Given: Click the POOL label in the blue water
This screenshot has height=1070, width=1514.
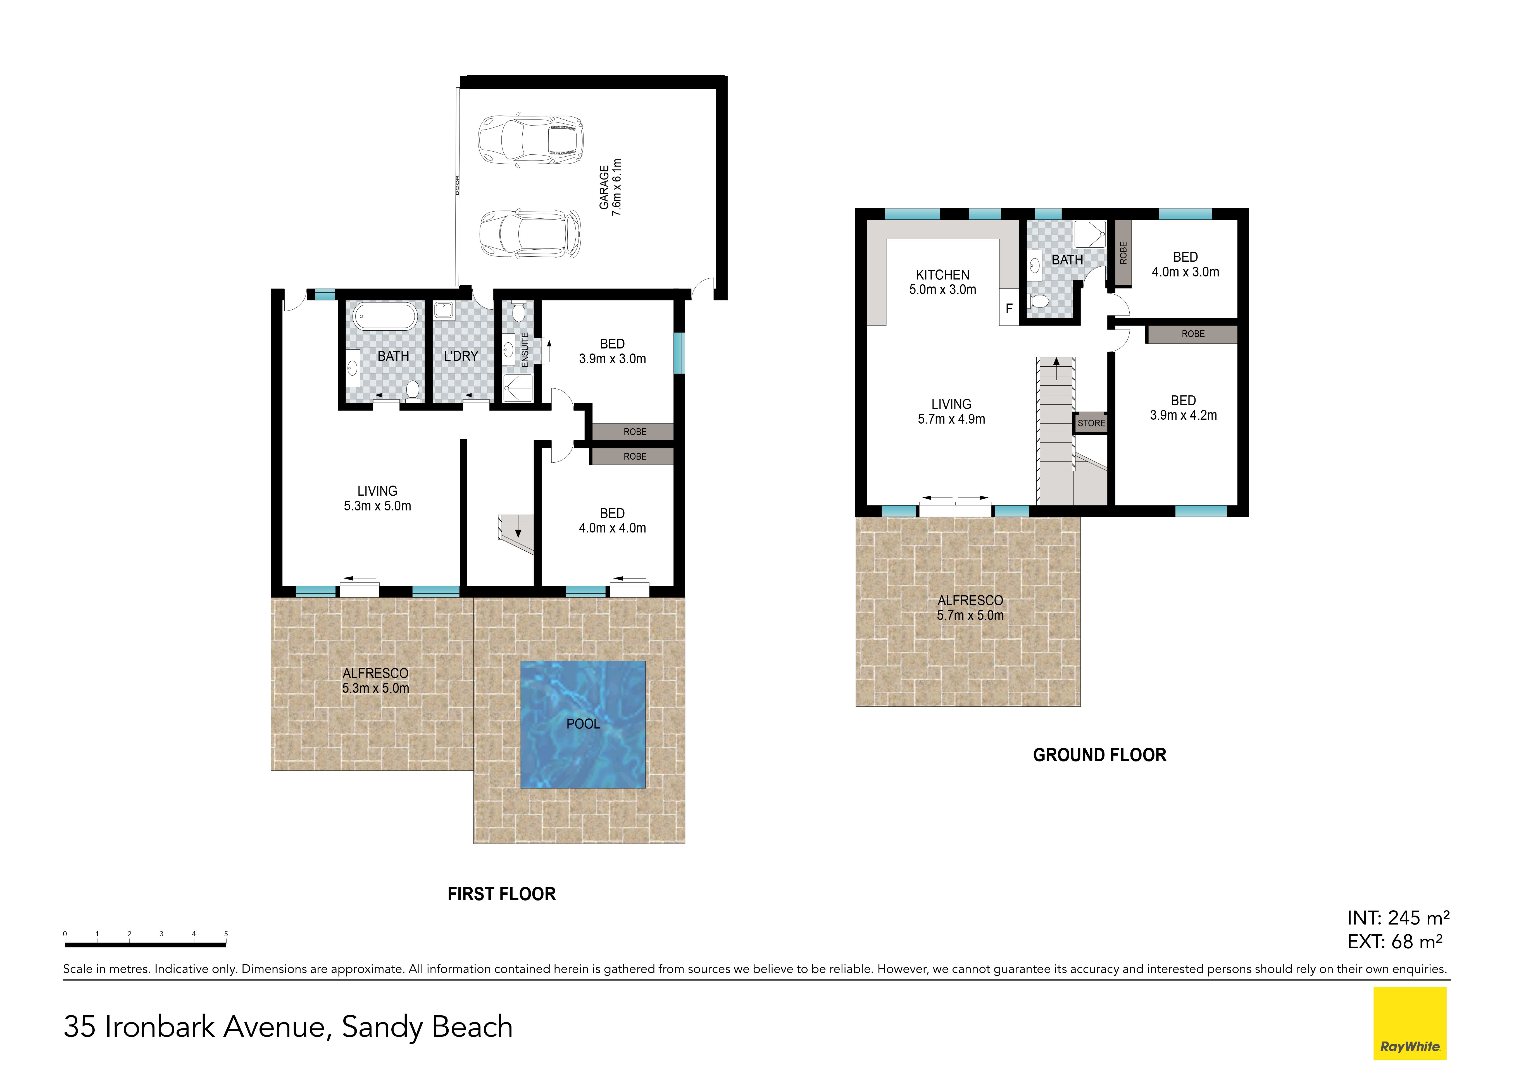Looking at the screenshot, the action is pos(583,724).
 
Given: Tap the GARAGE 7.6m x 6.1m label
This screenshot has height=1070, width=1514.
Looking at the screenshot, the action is pos(610,187).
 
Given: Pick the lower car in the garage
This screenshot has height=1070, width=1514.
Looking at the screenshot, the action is pos(530,234).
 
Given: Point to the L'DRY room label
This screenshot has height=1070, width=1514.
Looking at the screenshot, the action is pos(461,356).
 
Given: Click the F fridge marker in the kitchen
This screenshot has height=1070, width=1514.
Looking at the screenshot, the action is pos(1009,308).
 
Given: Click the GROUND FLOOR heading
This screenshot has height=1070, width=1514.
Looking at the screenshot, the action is pos(1099,755).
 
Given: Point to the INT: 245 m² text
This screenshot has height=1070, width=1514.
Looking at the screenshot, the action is pos(1398,918).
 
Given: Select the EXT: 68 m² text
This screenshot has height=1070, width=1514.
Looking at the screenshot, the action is pos(1395,942).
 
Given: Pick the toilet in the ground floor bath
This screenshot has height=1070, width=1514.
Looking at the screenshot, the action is pos(1040,302).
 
